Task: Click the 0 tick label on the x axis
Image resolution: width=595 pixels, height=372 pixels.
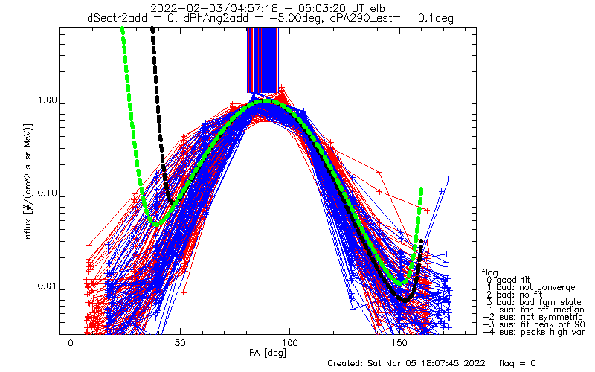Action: point(71,343)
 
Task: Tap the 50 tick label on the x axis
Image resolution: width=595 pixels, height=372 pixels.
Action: point(180,343)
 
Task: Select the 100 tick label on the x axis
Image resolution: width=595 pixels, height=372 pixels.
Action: point(290,343)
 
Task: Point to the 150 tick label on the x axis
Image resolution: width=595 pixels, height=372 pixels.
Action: point(399,343)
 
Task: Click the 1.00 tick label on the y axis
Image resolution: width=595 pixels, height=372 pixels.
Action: point(46,100)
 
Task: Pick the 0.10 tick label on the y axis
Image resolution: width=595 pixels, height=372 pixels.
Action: point(46,193)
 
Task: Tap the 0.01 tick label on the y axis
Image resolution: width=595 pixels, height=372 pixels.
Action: point(46,286)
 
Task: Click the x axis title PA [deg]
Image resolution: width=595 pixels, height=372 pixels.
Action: point(268,353)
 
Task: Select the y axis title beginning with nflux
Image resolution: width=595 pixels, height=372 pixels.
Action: point(28,181)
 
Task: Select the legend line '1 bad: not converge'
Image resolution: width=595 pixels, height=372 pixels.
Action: point(531,288)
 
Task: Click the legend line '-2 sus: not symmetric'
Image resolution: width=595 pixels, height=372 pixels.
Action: point(533,318)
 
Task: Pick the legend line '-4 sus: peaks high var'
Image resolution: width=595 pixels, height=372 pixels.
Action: point(534,332)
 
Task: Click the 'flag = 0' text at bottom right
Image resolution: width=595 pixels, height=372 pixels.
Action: point(517,363)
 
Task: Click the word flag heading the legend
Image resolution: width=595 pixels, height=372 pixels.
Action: point(489,272)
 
